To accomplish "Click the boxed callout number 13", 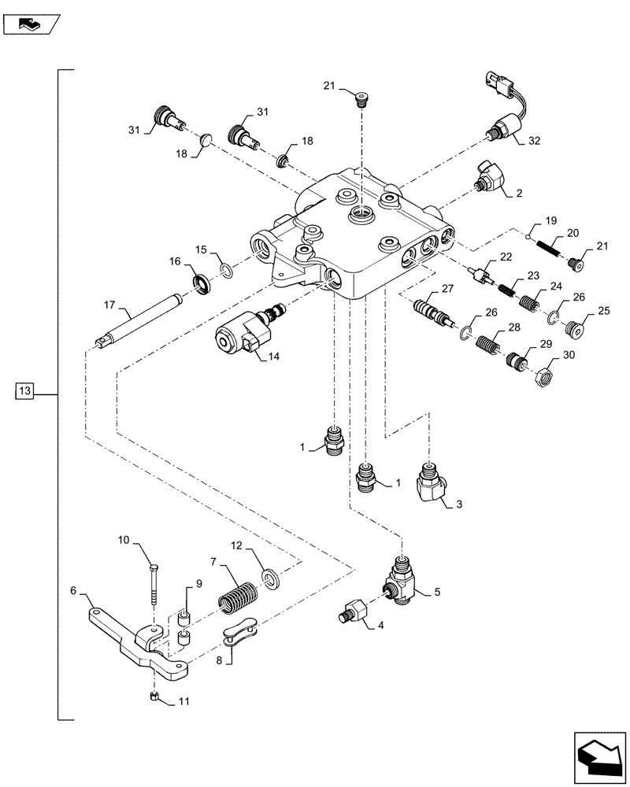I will coord(24,390).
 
